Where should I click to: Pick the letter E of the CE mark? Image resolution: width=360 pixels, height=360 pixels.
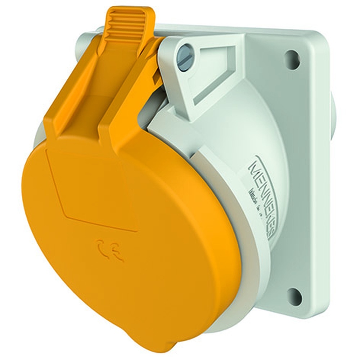tap(118, 254)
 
